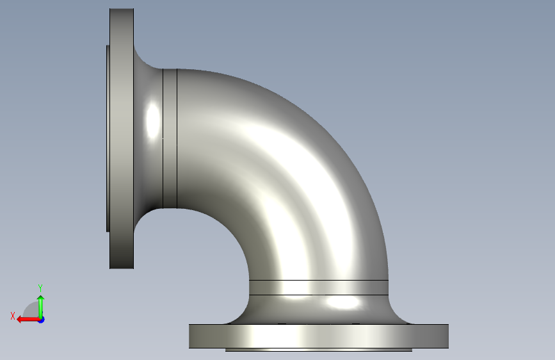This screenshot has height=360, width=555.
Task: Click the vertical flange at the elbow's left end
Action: (122, 138)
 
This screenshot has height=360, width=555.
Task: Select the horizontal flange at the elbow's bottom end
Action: (319, 336)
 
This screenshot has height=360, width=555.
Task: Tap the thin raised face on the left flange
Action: (108, 138)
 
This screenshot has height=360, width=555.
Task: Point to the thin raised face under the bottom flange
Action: (319, 350)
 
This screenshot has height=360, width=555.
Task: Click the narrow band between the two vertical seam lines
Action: (170, 138)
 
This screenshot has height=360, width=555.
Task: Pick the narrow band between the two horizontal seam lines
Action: (319, 288)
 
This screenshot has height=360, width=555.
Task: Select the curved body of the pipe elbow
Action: (283, 170)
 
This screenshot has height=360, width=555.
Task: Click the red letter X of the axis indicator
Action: (13, 316)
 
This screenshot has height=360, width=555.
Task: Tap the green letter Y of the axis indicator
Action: (40, 288)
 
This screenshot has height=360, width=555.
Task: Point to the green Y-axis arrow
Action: (41, 307)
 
